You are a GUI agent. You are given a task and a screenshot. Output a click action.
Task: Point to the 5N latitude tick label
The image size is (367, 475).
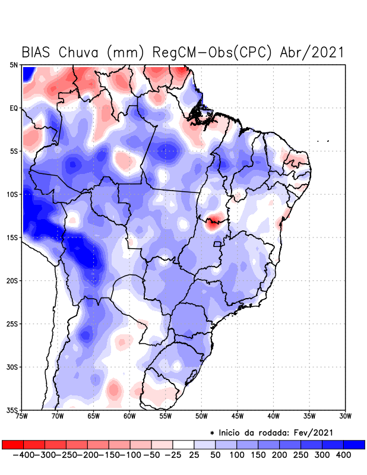pyautogui.click(x=14, y=65)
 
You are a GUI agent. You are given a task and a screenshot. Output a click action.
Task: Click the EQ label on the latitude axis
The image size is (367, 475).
pyautogui.click(x=14, y=108)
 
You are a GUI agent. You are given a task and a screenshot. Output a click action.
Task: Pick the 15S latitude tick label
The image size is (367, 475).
pyautogui.click(x=12, y=237)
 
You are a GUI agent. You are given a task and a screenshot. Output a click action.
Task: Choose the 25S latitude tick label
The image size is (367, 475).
pyautogui.click(x=12, y=324)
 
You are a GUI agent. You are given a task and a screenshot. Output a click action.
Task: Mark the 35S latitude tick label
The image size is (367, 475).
pyautogui.click(x=12, y=410)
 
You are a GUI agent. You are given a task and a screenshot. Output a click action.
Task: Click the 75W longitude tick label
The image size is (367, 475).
pyautogui.click(x=23, y=416)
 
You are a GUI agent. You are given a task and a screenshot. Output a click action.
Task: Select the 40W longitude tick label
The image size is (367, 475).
pyautogui.click(x=273, y=416)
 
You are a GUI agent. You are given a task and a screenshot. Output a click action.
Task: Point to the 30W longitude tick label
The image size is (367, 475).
pyautogui.click(x=345, y=416)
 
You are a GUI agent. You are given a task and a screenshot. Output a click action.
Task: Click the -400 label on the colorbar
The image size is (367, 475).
pyautogui.click(x=23, y=455)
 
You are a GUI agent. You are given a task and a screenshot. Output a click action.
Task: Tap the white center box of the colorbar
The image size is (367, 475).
pyautogui.click(x=183, y=444)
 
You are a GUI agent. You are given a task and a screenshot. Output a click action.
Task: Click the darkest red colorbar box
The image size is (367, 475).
pyautogui.click(x=12, y=444)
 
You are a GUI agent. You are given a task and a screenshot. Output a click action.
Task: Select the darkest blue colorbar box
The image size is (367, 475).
pyautogui.click(x=355, y=444)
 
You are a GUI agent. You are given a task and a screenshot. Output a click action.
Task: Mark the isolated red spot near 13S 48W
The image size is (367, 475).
pyautogui.click(x=213, y=223)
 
